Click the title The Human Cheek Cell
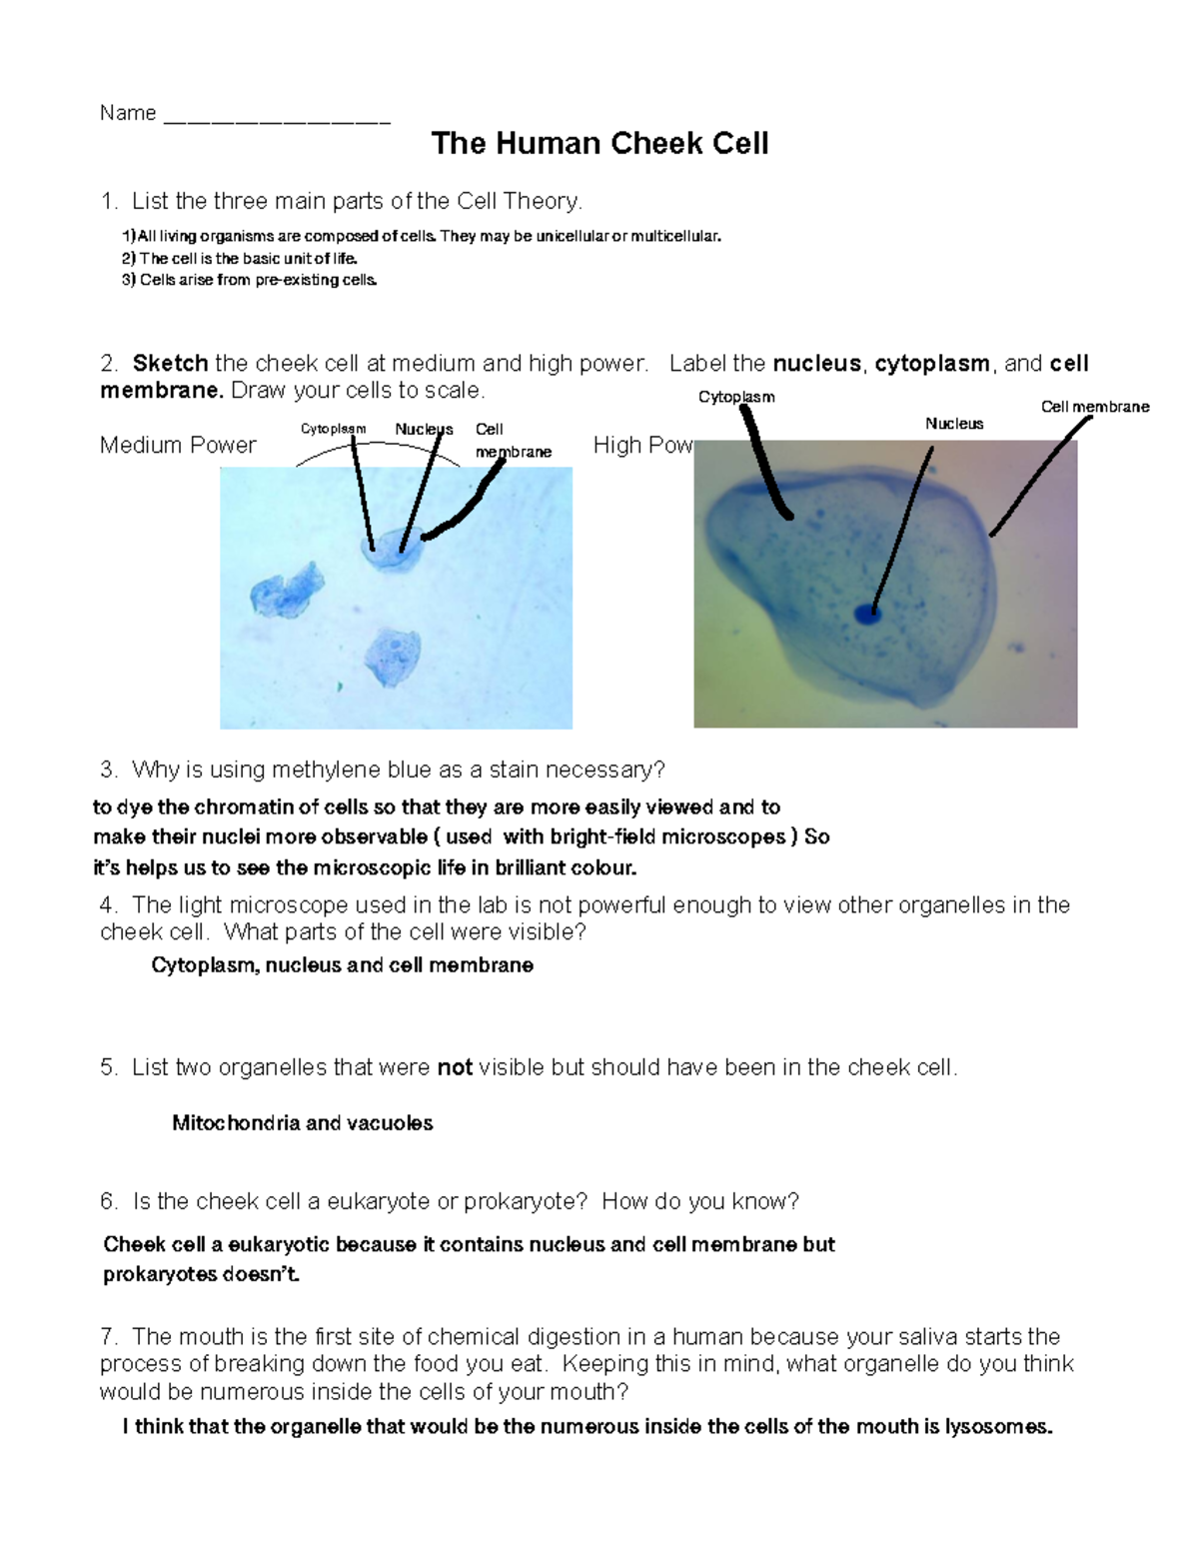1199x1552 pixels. click(599, 144)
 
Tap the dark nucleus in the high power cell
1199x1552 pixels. click(866, 615)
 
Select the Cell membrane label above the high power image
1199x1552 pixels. click(1095, 407)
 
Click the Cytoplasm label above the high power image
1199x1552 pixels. click(736, 397)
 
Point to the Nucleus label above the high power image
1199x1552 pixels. click(954, 424)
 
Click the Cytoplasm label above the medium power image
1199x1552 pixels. click(333, 429)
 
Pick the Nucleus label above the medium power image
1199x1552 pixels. click(424, 429)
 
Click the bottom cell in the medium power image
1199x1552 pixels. click(390, 656)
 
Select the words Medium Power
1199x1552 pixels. click(178, 446)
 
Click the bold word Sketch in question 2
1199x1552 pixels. click(170, 364)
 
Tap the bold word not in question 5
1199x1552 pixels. click(455, 1068)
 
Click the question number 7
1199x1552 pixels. click(109, 1337)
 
